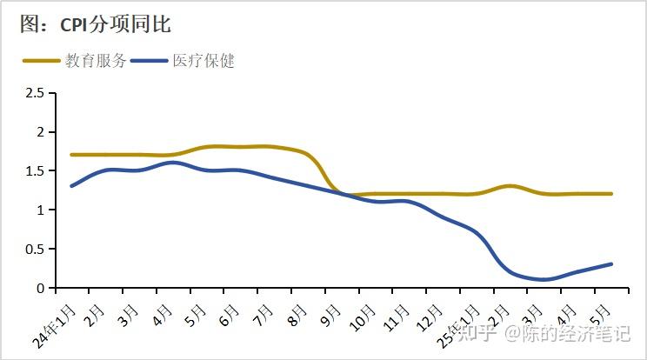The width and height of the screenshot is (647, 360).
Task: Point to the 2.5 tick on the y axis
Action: (35, 93)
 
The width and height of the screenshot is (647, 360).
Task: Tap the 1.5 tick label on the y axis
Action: (35, 171)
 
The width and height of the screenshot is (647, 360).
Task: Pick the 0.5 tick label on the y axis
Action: (35, 250)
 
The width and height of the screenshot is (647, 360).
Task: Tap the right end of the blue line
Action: (610, 264)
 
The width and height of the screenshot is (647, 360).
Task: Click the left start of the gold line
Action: (72, 155)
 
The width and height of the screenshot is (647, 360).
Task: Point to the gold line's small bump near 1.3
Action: (510, 186)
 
